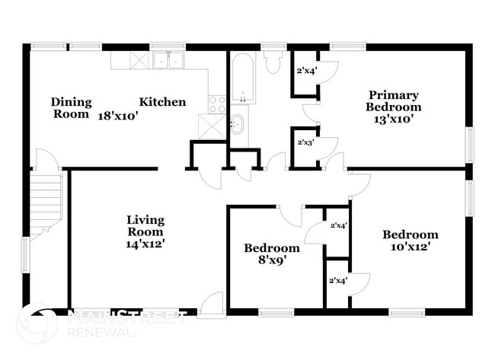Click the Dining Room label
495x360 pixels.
tap(72, 107)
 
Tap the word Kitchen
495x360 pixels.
tap(162, 101)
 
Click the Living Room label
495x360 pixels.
tap(145, 225)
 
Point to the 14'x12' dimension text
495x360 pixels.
tap(145, 244)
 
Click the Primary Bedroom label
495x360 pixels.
tap(394, 100)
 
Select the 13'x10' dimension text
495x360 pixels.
tap(394, 119)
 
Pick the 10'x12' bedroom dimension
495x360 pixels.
tap(410, 247)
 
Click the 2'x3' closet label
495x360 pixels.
tap(305, 142)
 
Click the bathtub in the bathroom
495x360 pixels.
tap(244, 78)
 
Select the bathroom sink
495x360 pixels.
tap(237, 123)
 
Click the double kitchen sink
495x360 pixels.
tap(169, 61)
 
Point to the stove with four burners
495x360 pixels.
tap(218, 104)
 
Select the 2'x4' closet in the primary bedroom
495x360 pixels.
tap(305, 72)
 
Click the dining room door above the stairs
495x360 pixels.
tap(45, 160)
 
